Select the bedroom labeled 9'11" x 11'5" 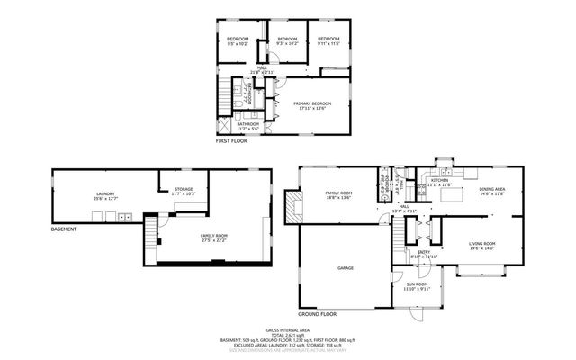click(x=328, y=41)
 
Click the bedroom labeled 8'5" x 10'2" click(x=238, y=41)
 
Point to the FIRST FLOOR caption click(x=231, y=141)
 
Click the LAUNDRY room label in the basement click(x=106, y=195)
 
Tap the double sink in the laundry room click(x=122, y=216)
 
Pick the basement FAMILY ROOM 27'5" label click(x=213, y=237)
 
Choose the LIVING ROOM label click(x=482, y=246)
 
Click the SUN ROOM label click(x=417, y=285)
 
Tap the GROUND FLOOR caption click(x=319, y=314)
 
